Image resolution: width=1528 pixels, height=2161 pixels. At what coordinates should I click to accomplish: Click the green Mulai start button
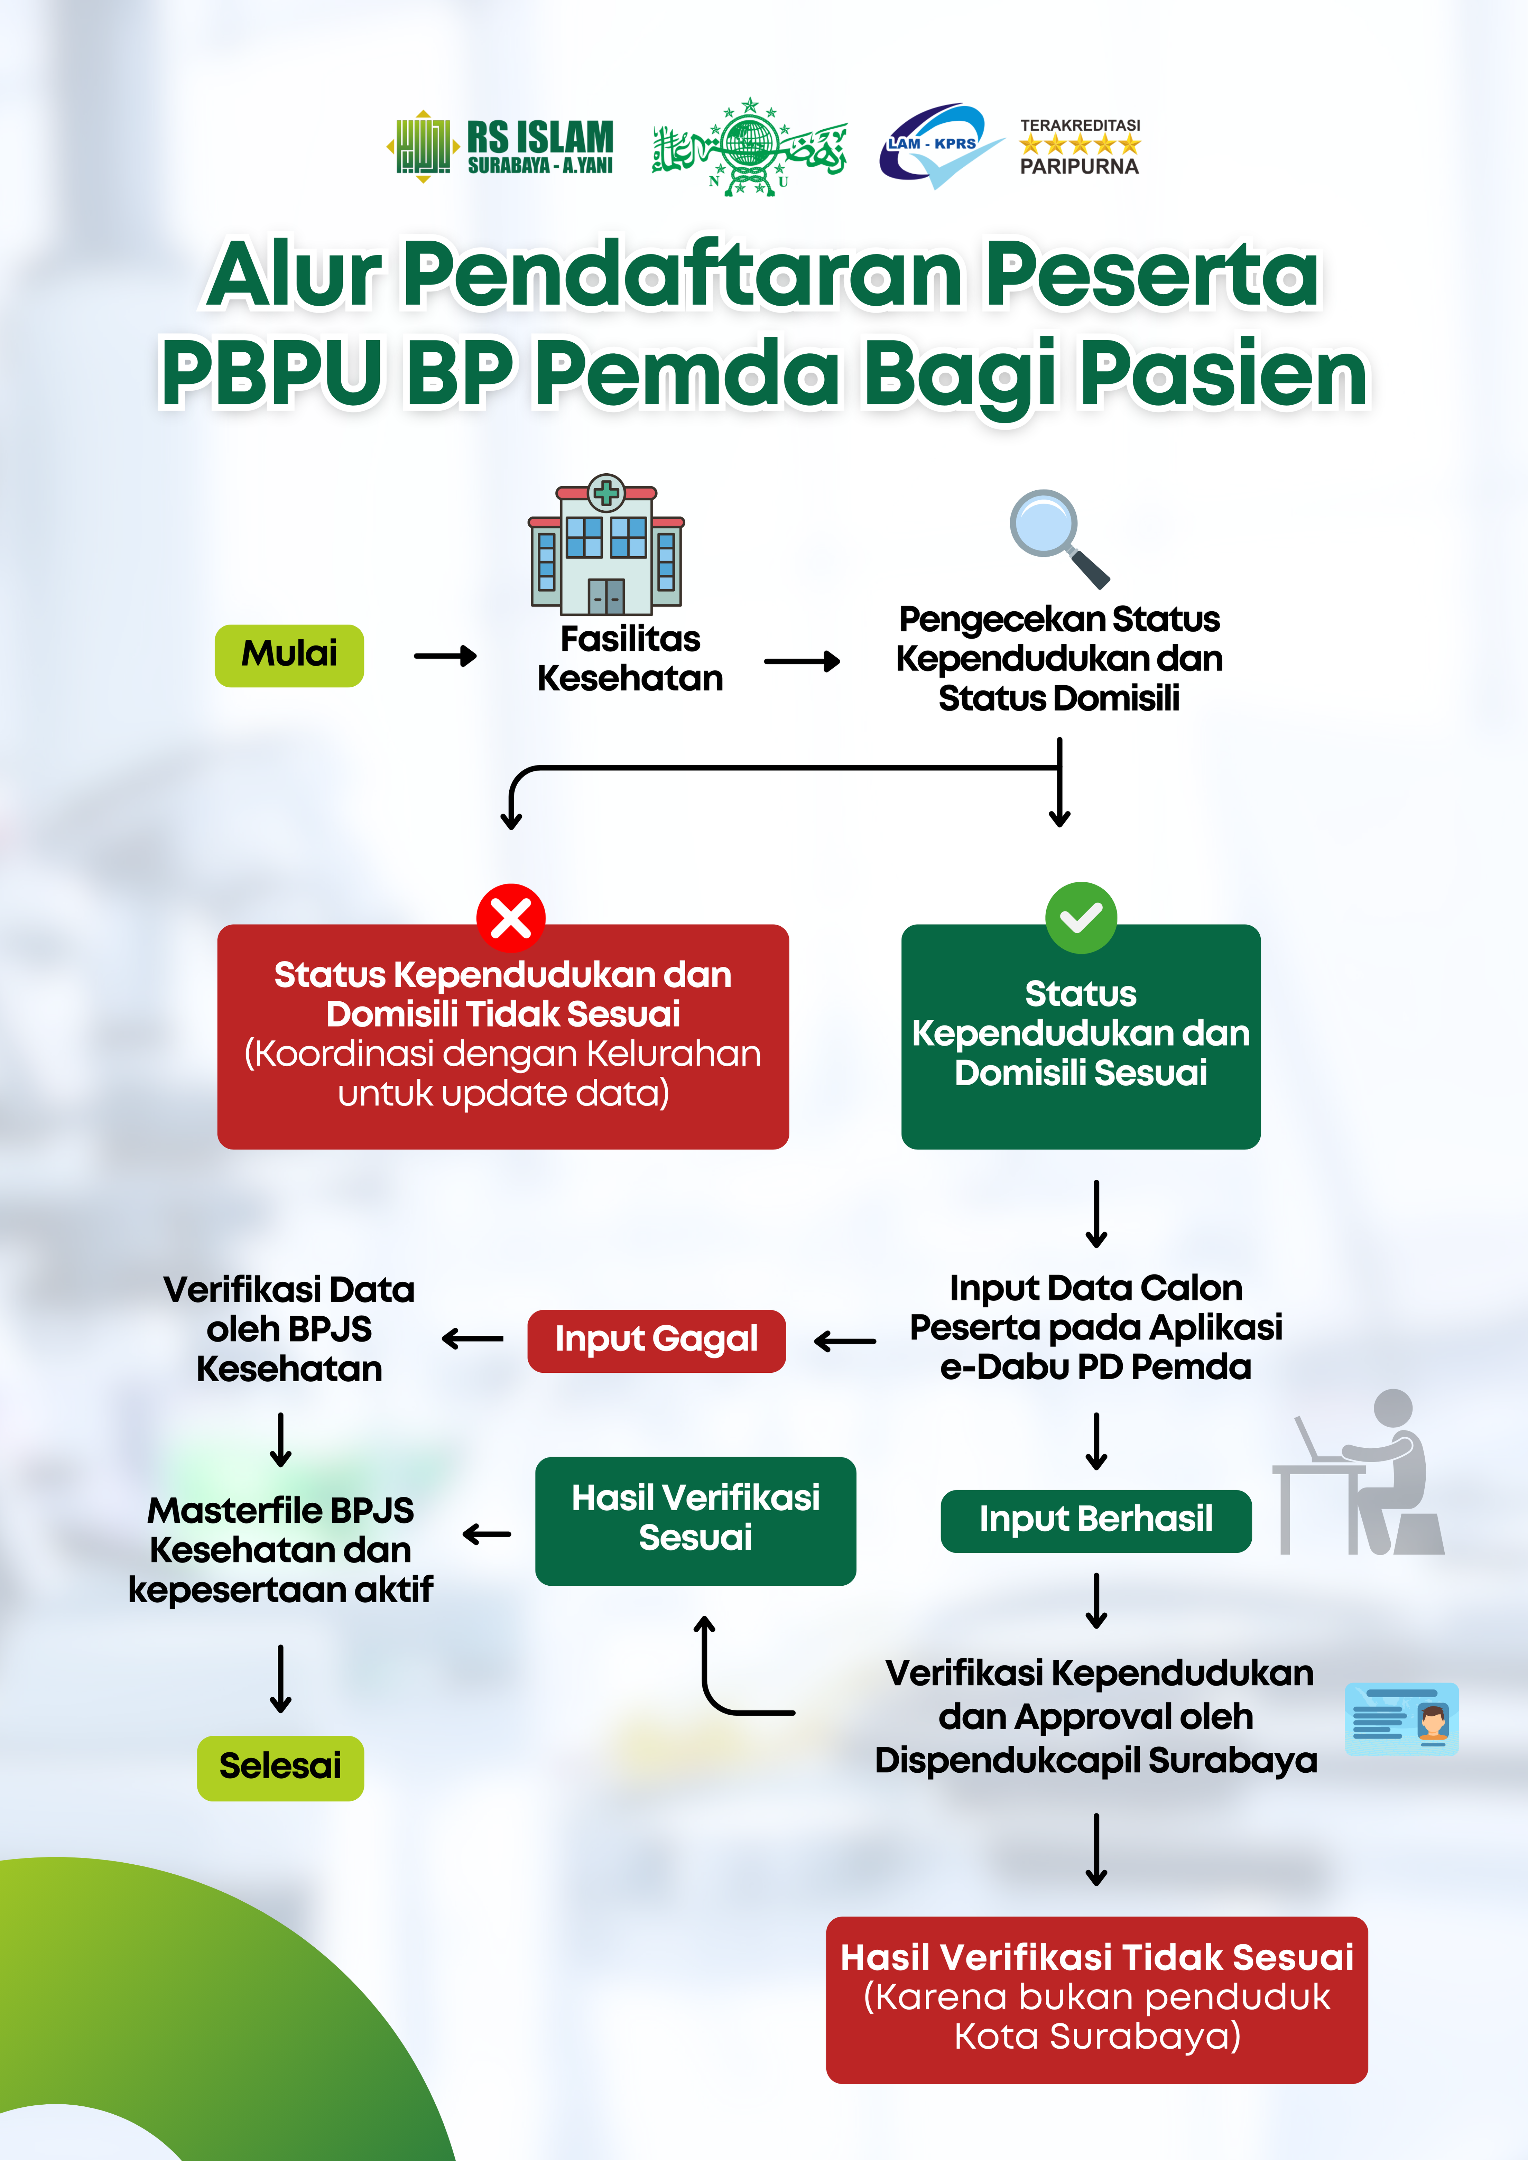click(289, 655)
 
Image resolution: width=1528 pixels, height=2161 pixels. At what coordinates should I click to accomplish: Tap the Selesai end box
click(280, 1766)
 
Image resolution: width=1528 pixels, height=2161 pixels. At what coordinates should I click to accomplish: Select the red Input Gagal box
click(656, 1340)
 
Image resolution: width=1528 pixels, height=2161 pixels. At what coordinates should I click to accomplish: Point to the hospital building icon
click(606, 546)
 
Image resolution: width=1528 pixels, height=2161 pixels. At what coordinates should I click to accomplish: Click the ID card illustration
click(1401, 1719)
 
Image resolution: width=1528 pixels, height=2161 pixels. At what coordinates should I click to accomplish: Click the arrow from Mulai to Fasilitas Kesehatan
click(445, 656)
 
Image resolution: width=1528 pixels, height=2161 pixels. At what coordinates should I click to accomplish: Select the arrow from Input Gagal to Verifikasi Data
click(473, 1338)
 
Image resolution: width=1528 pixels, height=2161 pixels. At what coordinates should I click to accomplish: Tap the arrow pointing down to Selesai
click(280, 1678)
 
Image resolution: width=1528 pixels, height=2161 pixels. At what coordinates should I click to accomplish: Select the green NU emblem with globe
click(749, 146)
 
